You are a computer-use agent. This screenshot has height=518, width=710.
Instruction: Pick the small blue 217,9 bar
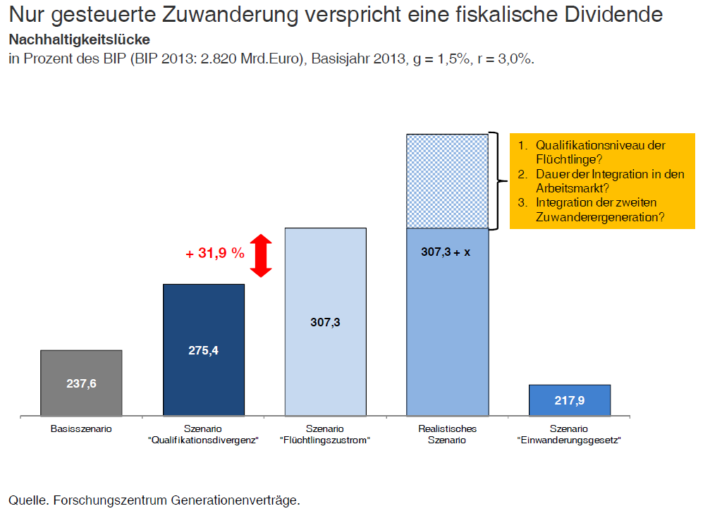(570, 400)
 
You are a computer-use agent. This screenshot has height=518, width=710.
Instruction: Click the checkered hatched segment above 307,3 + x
(448, 181)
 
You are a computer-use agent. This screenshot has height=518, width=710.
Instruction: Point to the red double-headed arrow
(261, 255)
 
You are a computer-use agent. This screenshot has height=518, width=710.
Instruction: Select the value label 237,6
(82, 383)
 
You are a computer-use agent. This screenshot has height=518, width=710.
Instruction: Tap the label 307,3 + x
(445, 251)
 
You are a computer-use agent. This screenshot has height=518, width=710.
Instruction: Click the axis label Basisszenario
(81, 428)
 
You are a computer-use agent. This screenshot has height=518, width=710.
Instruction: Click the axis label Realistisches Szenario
(448, 434)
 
